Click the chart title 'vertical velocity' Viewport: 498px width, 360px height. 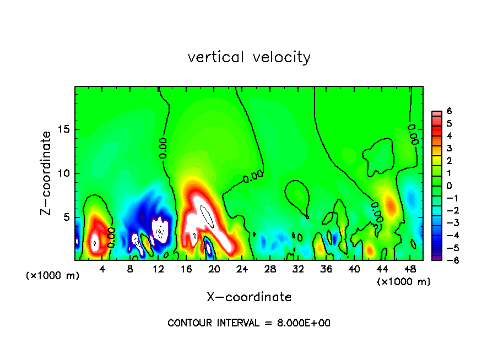pos(249,57)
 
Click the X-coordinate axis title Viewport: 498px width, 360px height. pos(249,297)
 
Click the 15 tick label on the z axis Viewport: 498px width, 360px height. pos(64,130)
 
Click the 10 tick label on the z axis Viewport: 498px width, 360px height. pos(64,173)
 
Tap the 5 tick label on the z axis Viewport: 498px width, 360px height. pos(67,217)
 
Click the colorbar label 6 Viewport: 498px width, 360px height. pos(449,111)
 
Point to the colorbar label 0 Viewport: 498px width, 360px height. pos(449,186)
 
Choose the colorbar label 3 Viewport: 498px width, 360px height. pos(449,149)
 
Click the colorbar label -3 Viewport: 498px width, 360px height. pos(447,223)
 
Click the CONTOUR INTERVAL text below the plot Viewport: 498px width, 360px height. pos(249,323)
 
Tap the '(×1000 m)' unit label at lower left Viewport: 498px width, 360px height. pos(53,276)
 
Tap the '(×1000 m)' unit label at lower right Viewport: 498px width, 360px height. pos(404,281)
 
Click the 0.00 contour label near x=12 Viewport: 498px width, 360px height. pos(163,148)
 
